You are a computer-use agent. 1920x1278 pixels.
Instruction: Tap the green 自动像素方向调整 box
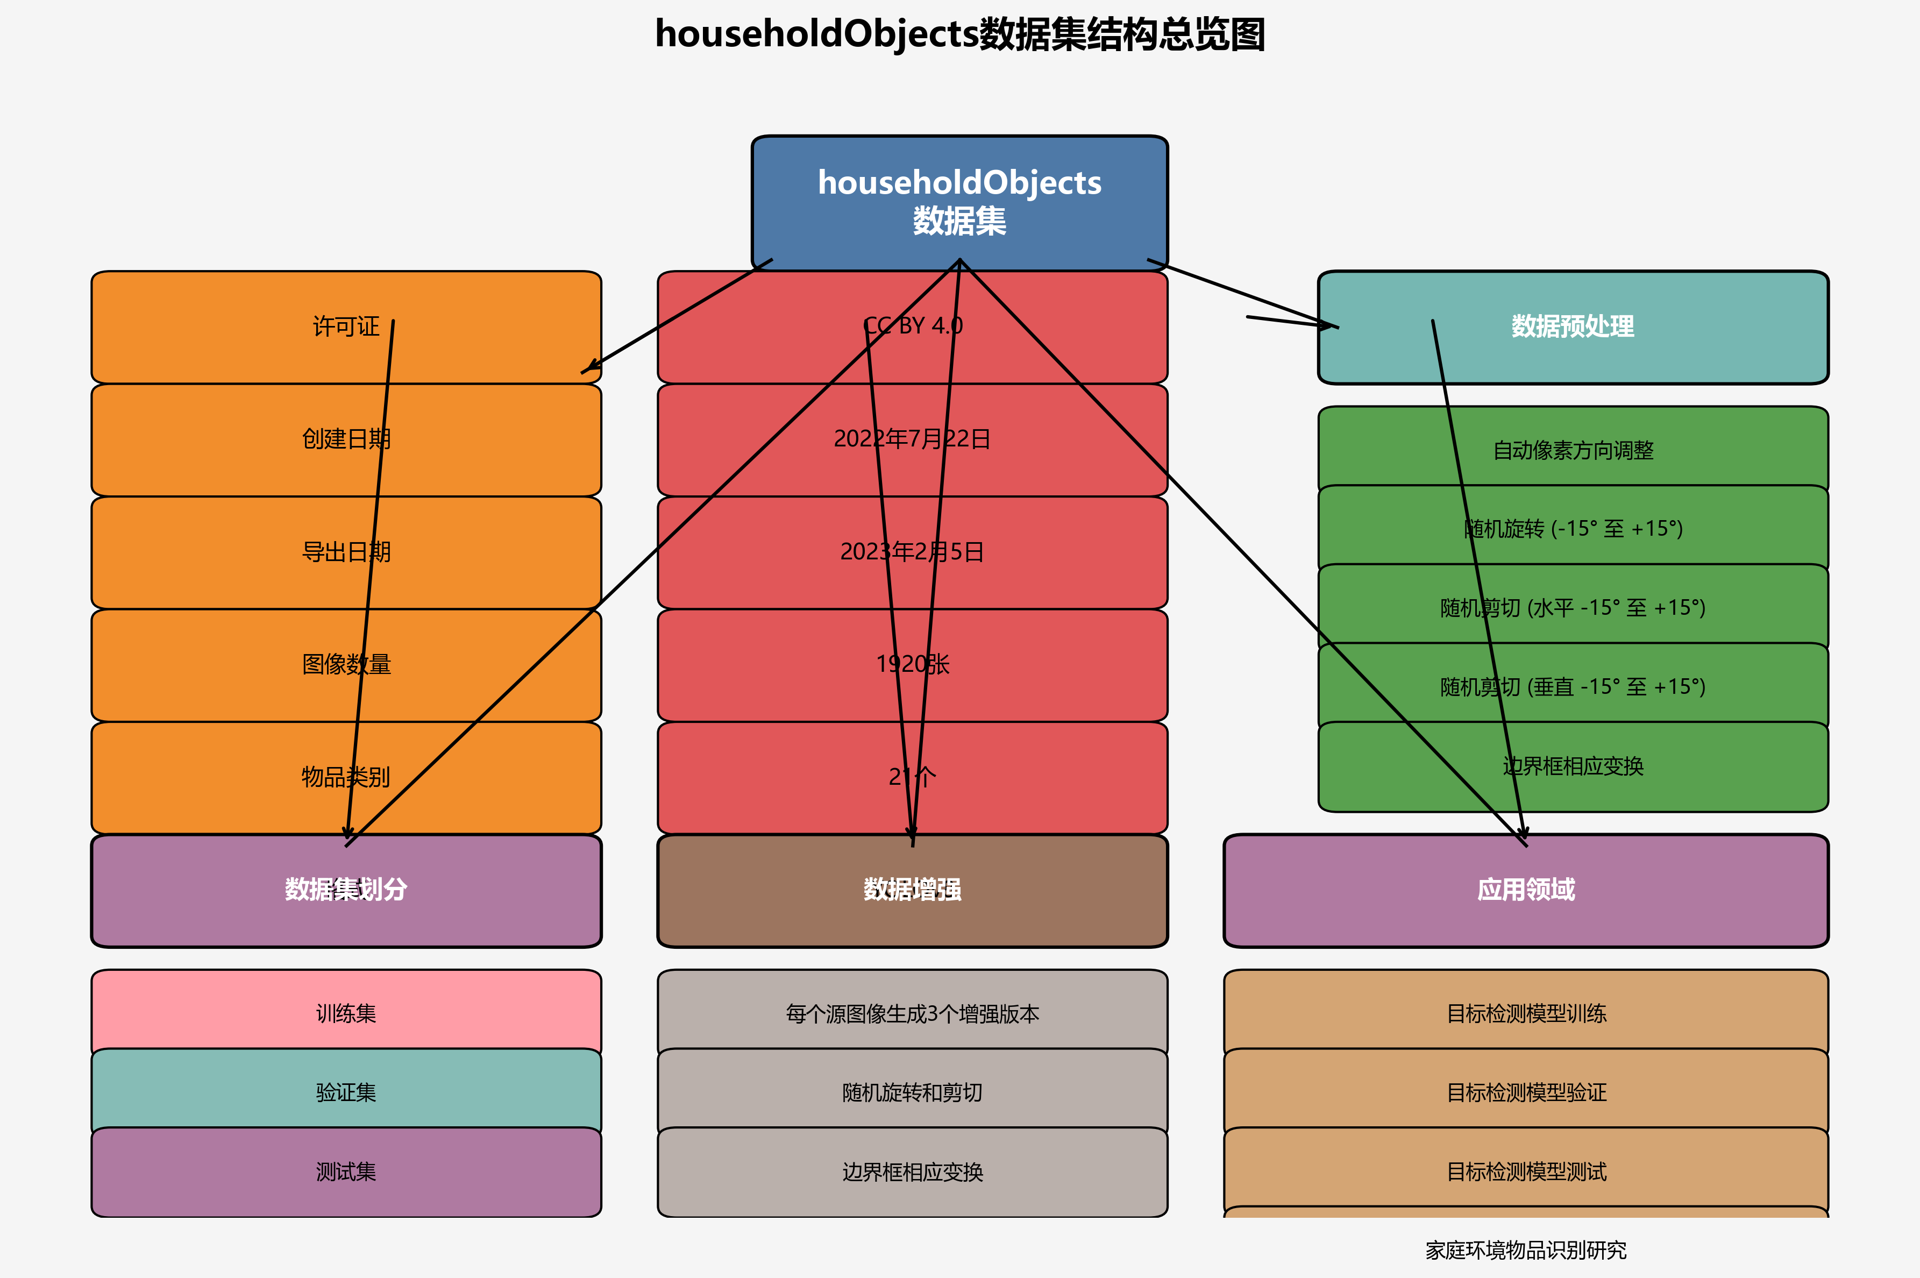click(1572, 449)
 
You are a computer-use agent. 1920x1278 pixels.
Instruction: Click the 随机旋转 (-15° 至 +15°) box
click(1572, 528)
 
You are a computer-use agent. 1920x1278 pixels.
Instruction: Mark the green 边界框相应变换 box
click(1572, 766)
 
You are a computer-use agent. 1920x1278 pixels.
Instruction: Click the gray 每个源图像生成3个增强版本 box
click(912, 1013)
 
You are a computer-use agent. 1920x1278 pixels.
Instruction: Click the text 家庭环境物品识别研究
click(1526, 1250)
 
